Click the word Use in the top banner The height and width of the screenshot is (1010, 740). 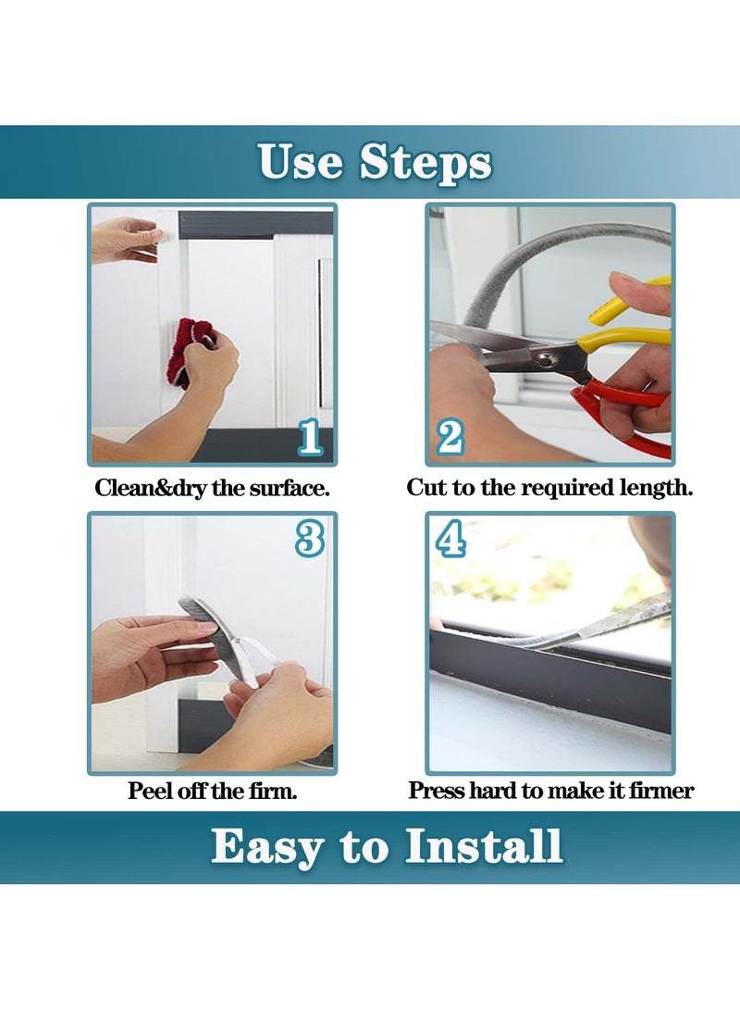pos(300,161)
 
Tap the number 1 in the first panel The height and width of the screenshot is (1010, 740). pos(310,436)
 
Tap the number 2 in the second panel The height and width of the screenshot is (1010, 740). pos(450,437)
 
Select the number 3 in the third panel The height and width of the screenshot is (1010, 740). pos(310,539)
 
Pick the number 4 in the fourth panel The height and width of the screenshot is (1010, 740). pos(450,539)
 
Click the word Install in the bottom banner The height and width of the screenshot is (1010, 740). pos(484,846)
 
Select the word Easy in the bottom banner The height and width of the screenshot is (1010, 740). pos(267,849)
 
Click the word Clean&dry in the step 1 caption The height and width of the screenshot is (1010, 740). pos(151,488)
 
